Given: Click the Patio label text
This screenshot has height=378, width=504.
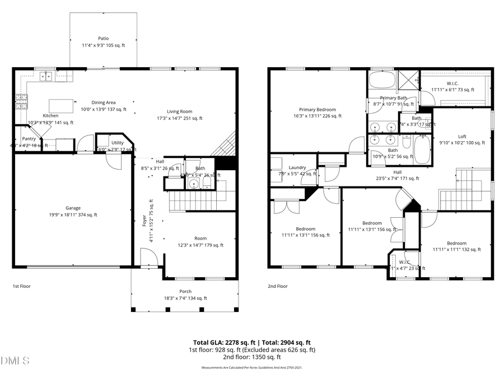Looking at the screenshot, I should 103,39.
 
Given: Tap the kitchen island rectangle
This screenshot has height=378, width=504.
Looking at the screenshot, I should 62,106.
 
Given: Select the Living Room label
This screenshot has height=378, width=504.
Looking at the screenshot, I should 179,111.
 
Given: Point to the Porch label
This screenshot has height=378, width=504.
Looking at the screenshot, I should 185,291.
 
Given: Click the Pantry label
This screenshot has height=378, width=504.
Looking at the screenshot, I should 29,138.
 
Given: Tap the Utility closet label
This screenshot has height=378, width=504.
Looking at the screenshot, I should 117,143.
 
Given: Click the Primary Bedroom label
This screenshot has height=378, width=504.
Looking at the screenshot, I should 317,110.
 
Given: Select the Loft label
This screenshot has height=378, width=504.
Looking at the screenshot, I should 462,136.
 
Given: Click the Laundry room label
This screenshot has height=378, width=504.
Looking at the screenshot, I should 297,167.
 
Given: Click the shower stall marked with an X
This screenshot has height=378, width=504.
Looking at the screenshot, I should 408,80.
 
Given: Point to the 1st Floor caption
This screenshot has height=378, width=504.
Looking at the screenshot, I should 21,286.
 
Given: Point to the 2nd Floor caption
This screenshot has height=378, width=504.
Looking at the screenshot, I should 278,286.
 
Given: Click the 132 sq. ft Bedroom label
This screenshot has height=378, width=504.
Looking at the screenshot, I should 456,243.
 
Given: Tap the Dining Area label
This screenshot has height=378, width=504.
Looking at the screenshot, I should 104,102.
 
